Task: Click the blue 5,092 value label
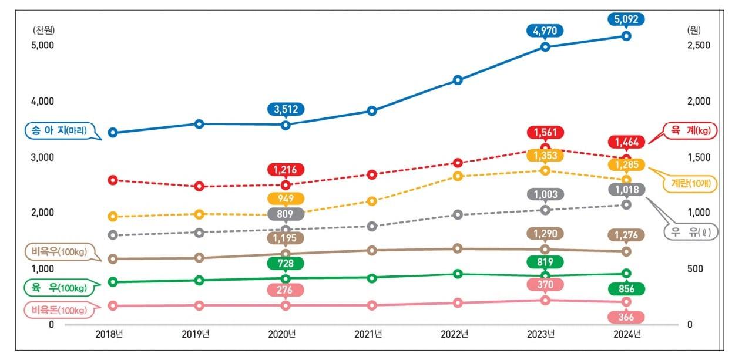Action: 627,18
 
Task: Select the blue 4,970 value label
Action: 545,31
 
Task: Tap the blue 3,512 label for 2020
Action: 286,109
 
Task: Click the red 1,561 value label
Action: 545,132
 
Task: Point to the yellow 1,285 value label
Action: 627,164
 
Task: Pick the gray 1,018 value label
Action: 627,189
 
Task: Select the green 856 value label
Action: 627,288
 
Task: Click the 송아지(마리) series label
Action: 58,131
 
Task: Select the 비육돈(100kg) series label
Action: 58,309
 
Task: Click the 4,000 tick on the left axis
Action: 42,101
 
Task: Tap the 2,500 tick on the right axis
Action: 699,45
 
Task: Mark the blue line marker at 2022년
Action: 458,80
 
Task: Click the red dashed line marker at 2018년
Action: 113,180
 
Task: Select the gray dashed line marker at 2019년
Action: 199,233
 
